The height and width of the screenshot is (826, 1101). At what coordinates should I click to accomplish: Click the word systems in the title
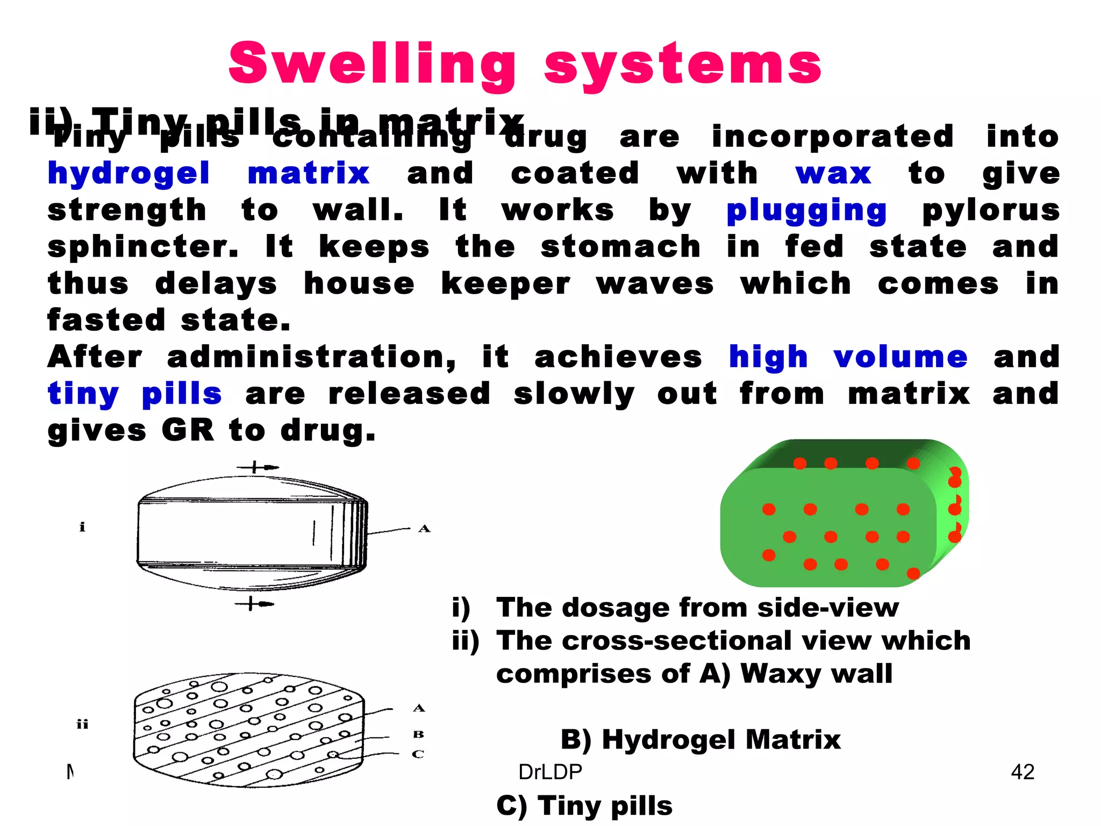(683, 66)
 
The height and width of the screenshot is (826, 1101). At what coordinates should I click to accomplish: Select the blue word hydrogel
(128, 174)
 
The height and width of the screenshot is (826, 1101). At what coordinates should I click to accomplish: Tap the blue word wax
(833, 174)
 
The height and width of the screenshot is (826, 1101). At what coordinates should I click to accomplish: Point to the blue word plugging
(806, 211)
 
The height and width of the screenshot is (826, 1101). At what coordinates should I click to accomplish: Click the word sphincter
(142, 247)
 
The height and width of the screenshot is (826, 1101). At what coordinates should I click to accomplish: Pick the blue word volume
(900, 357)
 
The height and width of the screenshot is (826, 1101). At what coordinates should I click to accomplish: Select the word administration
(311, 357)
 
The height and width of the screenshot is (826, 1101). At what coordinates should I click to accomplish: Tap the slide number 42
(1023, 772)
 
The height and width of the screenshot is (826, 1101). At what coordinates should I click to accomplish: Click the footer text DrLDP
(550, 772)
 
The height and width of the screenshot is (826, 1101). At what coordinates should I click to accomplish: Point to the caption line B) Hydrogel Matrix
(700, 739)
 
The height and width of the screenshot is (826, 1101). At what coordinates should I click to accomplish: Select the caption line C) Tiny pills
(584, 806)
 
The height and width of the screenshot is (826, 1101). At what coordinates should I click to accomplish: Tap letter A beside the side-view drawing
(424, 529)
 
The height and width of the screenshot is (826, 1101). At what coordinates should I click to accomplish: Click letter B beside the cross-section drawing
(418, 734)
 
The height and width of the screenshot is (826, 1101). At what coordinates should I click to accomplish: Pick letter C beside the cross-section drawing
(418, 754)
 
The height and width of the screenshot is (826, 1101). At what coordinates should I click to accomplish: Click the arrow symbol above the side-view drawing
(258, 467)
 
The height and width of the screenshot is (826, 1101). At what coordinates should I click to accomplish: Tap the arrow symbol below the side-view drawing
(255, 604)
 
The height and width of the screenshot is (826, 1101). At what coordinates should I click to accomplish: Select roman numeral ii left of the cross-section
(82, 724)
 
